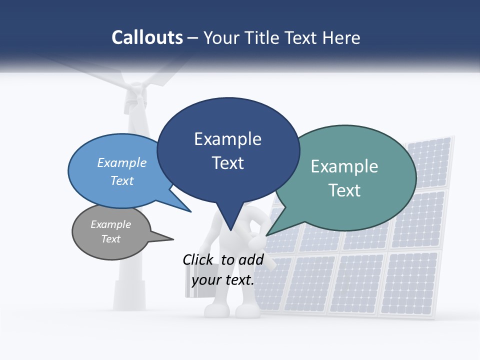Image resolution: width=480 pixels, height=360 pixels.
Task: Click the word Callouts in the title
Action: tap(147, 37)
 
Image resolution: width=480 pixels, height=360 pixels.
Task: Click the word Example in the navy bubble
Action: tap(228, 139)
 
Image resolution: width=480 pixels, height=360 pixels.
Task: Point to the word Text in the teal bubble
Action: tap(344, 190)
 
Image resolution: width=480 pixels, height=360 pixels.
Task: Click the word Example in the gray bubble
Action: tap(111, 224)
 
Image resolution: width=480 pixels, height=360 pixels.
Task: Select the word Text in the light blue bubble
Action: tap(122, 180)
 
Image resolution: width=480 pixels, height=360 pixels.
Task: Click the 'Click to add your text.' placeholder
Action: tap(223, 270)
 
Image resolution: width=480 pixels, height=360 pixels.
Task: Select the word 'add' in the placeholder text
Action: tap(250, 259)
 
